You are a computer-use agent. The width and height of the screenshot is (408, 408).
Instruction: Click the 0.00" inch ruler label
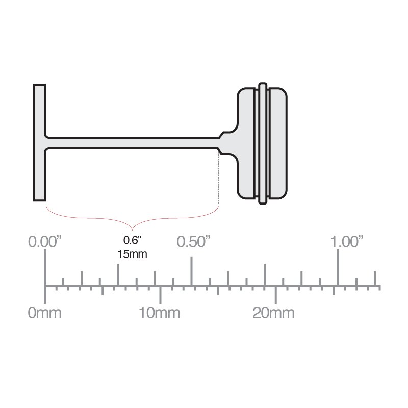tap(45, 241)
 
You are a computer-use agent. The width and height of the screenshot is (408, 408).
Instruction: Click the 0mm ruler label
tap(44, 312)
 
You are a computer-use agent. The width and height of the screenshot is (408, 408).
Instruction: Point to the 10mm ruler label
tap(160, 312)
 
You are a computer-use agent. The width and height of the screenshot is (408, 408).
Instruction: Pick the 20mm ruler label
tap(274, 312)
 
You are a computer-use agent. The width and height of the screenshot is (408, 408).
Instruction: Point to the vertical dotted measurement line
tap(218, 178)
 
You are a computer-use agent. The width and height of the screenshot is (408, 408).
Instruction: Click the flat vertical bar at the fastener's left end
tap(40, 142)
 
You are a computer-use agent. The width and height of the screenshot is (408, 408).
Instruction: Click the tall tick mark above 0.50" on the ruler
tap(191, 270)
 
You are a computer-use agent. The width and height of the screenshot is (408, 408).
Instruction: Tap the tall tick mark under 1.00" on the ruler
tap(338, 270)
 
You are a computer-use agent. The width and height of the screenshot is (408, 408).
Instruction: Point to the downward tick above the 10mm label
tap(160, 294)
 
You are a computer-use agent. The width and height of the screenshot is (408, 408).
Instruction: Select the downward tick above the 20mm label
tap(276, 294)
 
